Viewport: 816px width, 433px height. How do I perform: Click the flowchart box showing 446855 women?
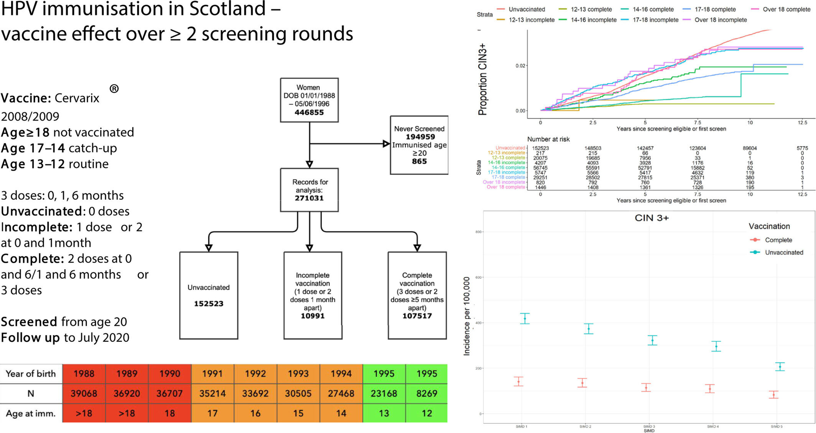(309, 100)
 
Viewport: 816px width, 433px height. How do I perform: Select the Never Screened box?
(419, 145)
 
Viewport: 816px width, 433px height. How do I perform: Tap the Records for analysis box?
(309, 190)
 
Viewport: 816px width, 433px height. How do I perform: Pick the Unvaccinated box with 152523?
(209, 295)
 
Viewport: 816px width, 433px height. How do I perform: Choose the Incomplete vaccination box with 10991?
(313, 295)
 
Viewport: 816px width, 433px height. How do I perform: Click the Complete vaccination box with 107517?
(417, 295)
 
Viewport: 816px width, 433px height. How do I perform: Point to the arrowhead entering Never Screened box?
(386, 144)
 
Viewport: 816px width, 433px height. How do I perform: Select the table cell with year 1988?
(84, 374)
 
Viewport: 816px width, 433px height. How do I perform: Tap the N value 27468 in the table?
(341, 393)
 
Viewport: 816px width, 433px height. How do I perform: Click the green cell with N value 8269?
(426, 393)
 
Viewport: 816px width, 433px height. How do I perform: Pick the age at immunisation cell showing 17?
(212, 413)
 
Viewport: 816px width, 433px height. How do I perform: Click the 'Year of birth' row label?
(31, 374)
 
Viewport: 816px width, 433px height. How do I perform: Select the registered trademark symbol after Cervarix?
(114, 89)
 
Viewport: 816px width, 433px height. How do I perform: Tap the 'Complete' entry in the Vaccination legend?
(778, 240)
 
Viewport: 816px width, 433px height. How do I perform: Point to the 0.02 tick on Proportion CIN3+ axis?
(520, 66)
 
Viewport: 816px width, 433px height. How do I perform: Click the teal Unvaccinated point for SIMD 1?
(525, 319)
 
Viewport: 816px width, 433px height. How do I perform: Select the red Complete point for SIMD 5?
(773, 395)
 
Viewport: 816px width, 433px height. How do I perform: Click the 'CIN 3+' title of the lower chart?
(651, 218)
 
